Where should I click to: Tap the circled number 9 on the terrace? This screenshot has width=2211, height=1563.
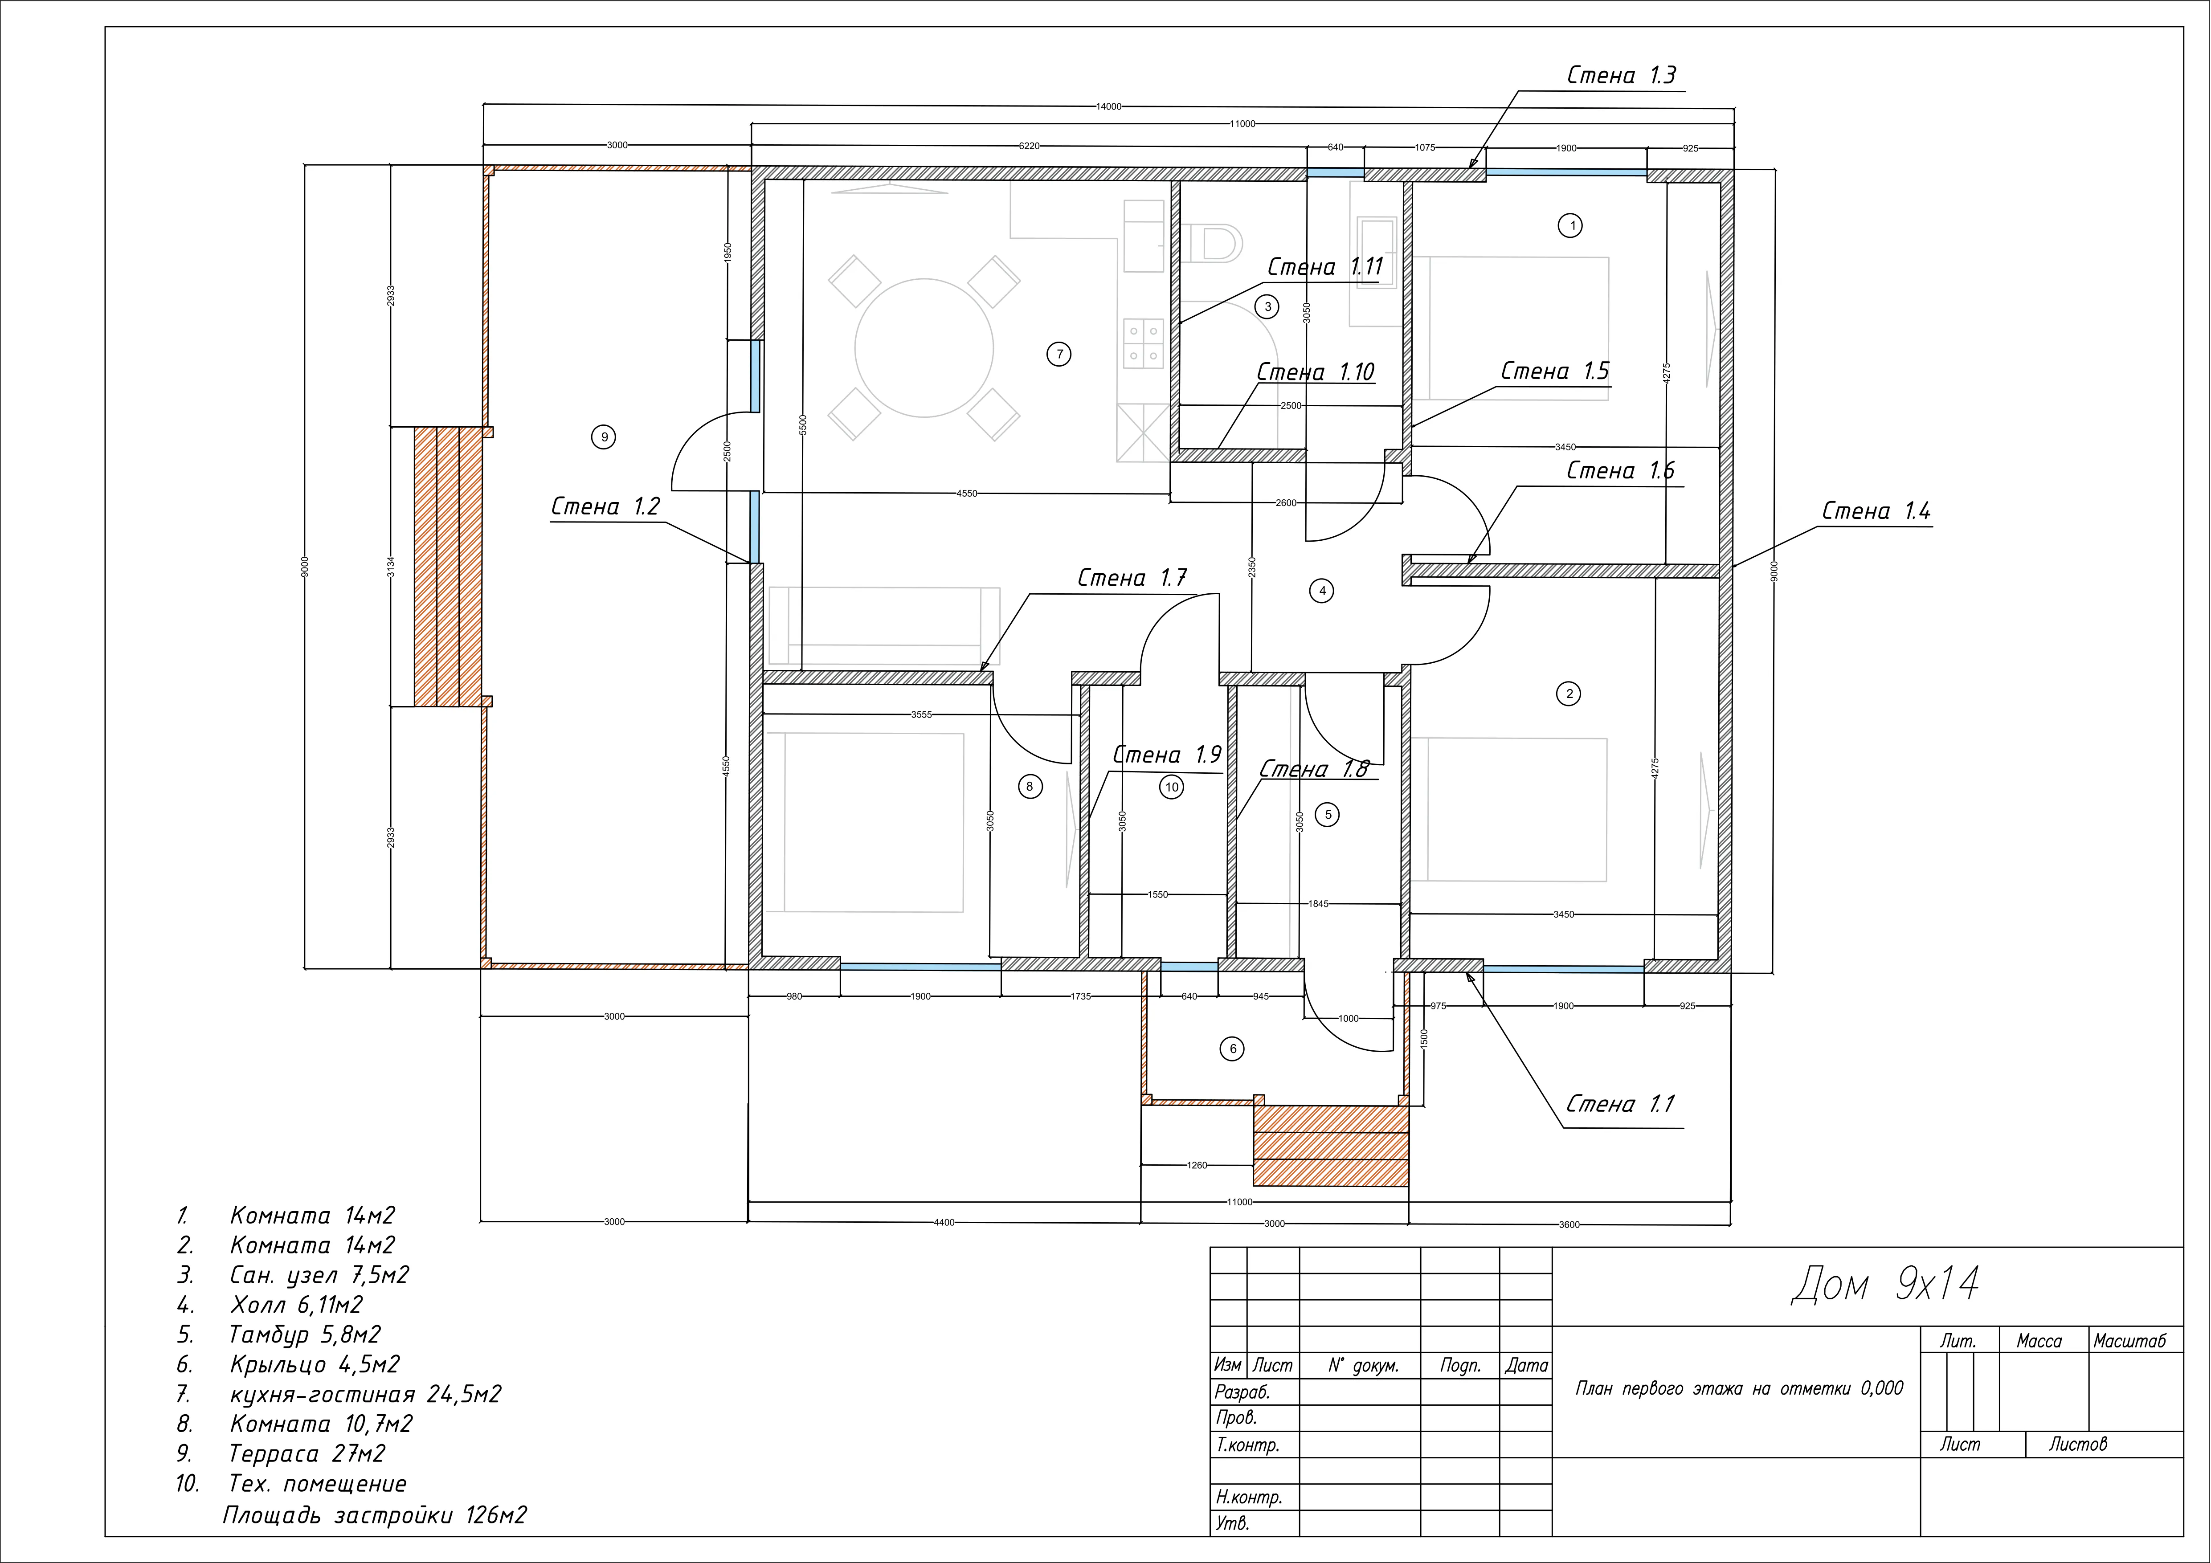click(x=604, y=437)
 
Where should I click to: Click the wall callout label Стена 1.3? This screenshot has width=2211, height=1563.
click(x=1622, y=75)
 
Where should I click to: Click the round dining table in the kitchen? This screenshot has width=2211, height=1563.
click(x=924, y=347)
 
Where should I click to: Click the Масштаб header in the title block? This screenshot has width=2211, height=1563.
click(x=2129, y=1341)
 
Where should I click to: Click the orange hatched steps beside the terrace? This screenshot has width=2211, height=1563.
click(x=448, y=566)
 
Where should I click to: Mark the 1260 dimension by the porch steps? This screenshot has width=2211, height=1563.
click(x=1196, y=1165)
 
